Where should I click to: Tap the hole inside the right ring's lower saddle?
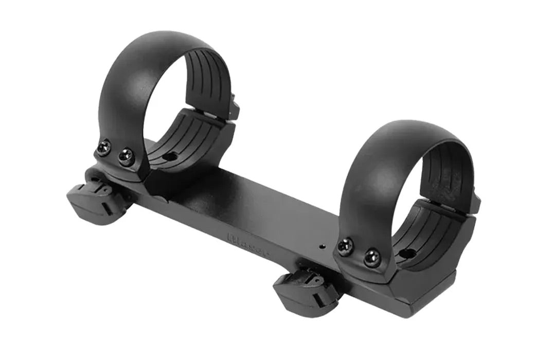(x=406, y=253)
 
